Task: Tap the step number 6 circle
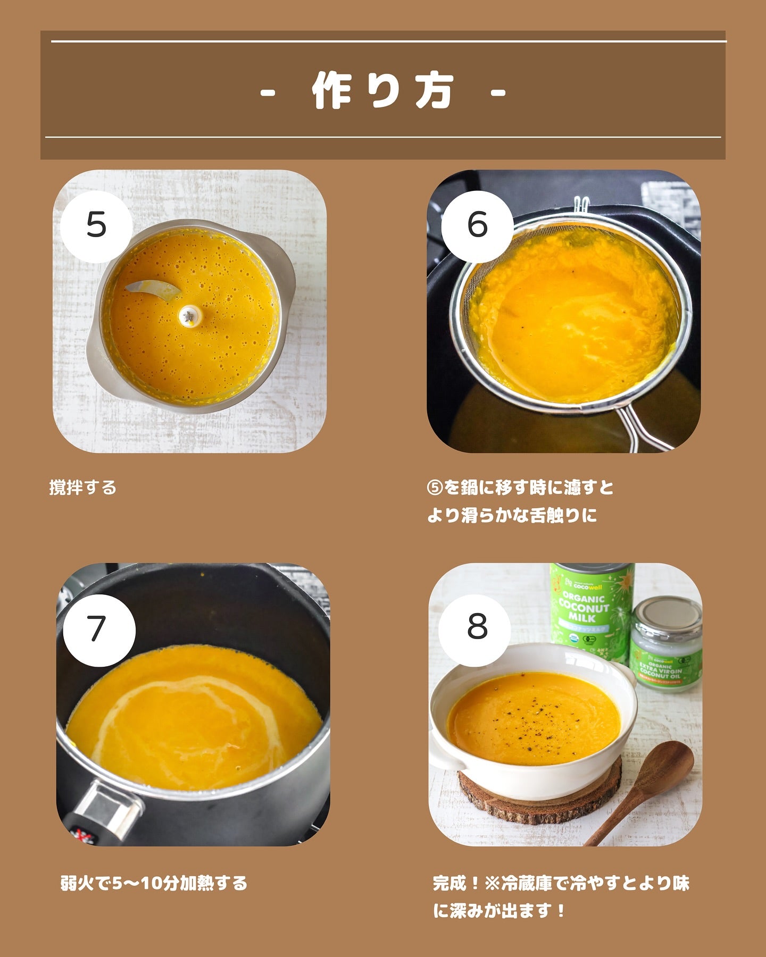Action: click(x=477, y=225)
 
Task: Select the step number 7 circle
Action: click(x=99, y=631)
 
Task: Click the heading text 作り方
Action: click(x=383, y=91)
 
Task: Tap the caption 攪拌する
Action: click(x=83, y=487)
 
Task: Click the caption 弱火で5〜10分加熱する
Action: click(x=154, y=883)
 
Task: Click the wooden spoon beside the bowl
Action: click(x=644, y=787)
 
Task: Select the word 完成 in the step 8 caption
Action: click(x=450, y=884)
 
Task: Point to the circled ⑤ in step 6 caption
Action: click(x=435, y=488)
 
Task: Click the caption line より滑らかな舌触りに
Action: click(x=512, y=515)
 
